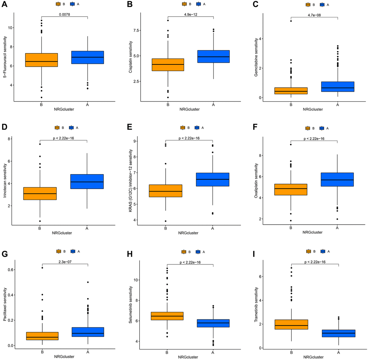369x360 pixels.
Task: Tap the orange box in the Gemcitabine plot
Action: point(291,91)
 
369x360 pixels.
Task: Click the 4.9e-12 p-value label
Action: point(191,14)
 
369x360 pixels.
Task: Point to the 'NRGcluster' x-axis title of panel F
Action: point(314,233)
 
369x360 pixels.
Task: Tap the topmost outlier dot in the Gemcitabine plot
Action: point(291,21)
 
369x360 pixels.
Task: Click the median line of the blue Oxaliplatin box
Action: point(338,180)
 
